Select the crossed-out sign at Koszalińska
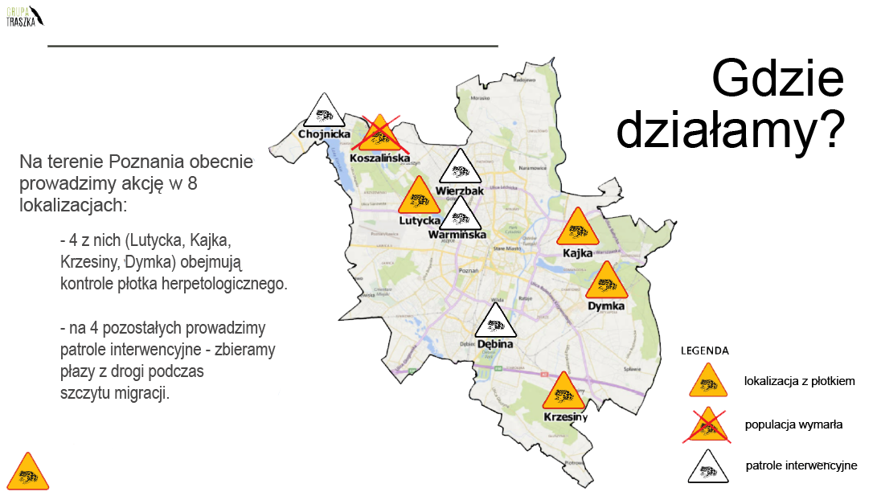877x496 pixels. click(x=379, y=134)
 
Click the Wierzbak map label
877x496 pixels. click(x=460, y=191)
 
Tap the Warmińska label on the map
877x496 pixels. click(x=457, y=235)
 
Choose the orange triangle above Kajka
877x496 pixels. click(x=577, y=229)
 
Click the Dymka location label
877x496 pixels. click(x=606, y=306)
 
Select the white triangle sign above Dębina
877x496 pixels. click(x=495, y=322)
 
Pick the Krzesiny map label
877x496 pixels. click(x=565, y=417)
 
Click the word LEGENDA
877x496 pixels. click(x=705, y=350)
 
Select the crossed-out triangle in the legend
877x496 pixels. click(x=707, y=424)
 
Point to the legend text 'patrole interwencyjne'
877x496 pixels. click(x=801, y=465)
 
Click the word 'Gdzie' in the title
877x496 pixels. click(x=777, y=81)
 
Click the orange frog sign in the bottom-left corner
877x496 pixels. click(x=29, y=472)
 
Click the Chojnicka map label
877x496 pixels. click(x=324, y=134)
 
